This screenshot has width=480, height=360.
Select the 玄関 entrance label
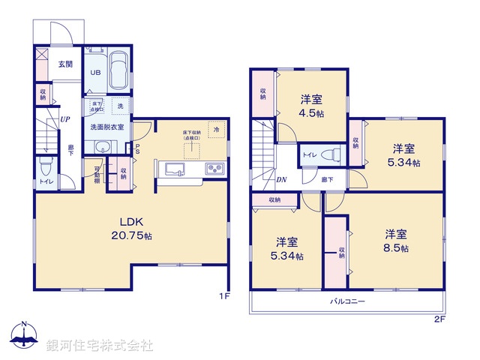coord(65,64)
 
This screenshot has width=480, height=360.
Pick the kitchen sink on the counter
coord(174,169)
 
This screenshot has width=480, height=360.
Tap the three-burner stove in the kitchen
coord(214,169)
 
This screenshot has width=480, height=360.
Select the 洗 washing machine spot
coord(120,105)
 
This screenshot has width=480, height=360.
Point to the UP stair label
coord(65,119)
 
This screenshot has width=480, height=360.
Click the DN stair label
coord(280,180)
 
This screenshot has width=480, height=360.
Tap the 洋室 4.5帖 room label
coord(312,105)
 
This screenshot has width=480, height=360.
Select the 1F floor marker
coord(223,297)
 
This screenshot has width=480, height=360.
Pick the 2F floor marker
coord(439,320)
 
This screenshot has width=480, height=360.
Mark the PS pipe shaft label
coord(138,149)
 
